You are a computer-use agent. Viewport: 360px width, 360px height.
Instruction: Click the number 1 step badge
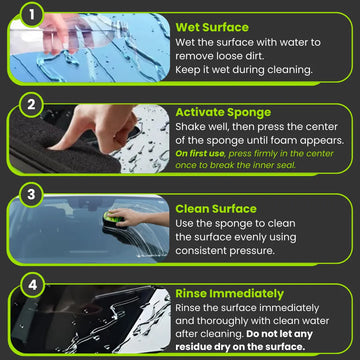(31, 15)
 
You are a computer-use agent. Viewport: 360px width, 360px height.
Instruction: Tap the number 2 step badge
(31, 105)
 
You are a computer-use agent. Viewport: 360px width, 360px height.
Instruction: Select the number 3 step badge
(31, 195)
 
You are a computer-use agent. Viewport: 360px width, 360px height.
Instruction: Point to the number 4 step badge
(31, 286)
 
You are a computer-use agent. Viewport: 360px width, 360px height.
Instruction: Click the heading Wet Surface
(212, 27)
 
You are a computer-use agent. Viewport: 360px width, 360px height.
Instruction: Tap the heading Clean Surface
(216, 209)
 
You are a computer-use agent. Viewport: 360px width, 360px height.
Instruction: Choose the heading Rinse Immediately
(230, 294)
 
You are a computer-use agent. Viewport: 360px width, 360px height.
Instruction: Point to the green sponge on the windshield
(112, 218)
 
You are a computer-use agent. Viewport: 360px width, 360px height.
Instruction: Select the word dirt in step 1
(253, 56)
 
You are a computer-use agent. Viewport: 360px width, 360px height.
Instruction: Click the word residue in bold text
(194, 346)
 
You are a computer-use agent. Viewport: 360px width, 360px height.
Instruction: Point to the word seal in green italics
(286, 165)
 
